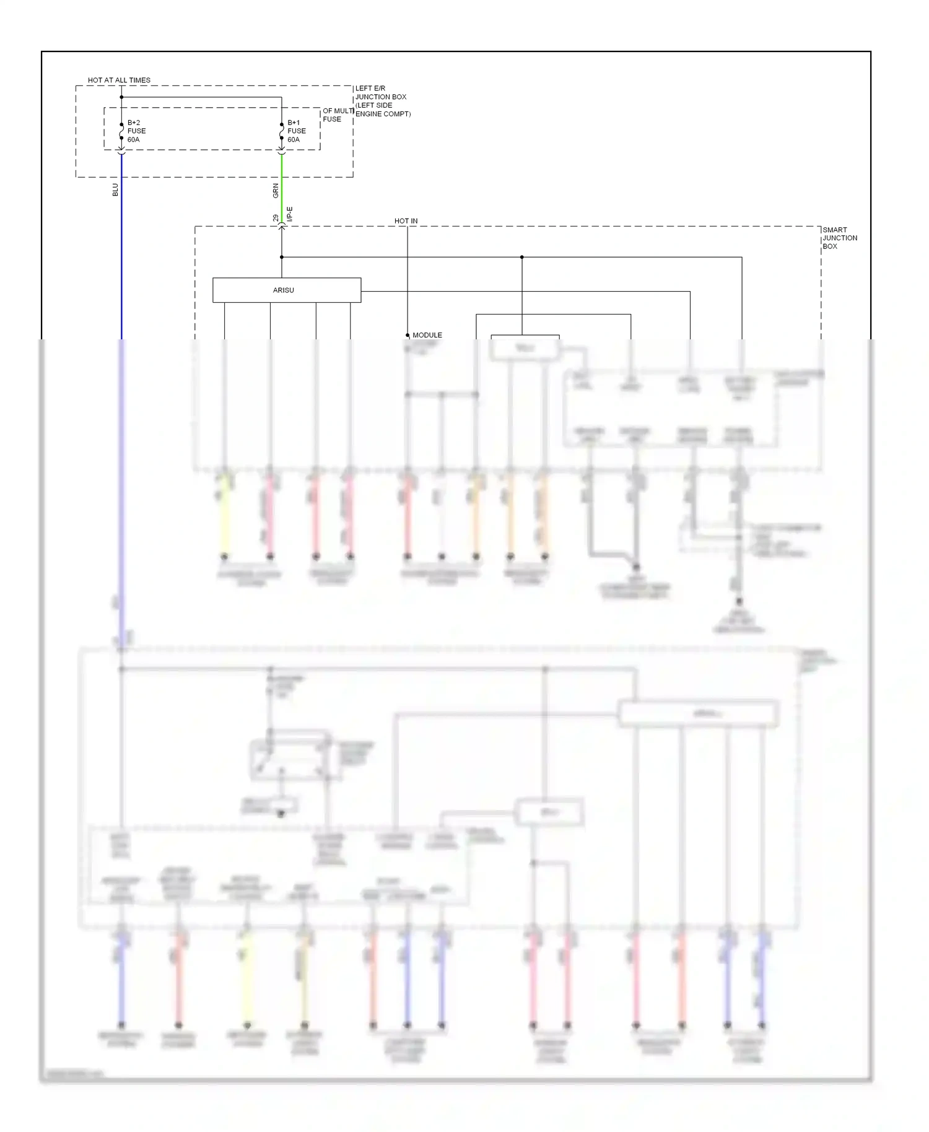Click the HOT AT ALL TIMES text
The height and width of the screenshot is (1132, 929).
pos(119,80)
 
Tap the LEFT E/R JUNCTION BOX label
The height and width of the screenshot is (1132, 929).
pos(382,101)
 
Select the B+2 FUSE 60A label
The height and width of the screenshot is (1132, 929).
pos(136,131)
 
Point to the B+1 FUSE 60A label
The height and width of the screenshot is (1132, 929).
pos(296,131)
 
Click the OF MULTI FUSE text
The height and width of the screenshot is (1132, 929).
pos(338,115)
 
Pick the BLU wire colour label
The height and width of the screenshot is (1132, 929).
pos(115,189)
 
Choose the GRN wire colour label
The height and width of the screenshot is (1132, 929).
pos(276,191)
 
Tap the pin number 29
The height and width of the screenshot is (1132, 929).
pos(276,219)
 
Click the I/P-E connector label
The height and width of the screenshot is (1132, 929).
pos(290,214)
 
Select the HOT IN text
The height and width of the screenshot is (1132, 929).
pos(406,221)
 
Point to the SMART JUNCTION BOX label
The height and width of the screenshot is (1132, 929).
pos(839,238)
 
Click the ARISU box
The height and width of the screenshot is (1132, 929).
pos(286,290)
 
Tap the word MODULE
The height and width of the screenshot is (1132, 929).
pos(427,335)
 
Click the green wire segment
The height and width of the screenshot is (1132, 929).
pos(282,186)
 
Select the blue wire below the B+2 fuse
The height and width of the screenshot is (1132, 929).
pos(121,248)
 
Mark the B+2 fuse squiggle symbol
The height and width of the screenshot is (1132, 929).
pos(121,131)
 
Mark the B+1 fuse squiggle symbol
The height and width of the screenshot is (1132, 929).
pos(282,131)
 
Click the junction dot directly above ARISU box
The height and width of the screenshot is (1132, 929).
pos(282,257)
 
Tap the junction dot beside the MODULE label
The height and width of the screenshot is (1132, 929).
pos(408,335)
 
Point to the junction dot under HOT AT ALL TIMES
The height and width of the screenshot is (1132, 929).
pos(121,97)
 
